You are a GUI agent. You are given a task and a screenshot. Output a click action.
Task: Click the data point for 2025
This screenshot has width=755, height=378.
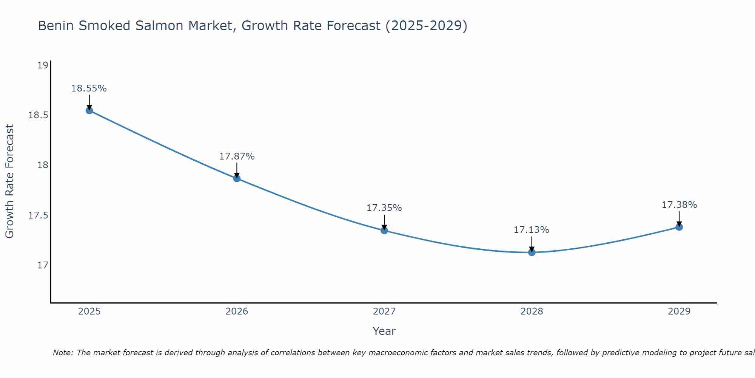point(89,110)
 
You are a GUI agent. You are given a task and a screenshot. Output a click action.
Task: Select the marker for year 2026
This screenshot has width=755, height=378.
point(237,178)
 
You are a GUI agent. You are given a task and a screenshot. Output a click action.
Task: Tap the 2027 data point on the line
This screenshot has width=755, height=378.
point(384,230)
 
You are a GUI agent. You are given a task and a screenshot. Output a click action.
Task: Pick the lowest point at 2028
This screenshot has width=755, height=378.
point(532,252)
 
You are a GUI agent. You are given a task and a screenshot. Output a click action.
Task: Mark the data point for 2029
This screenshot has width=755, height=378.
point(679,227)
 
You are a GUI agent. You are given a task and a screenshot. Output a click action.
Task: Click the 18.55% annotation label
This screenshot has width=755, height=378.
point(89,88)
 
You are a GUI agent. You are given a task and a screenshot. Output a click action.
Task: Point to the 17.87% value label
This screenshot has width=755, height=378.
point(237,156)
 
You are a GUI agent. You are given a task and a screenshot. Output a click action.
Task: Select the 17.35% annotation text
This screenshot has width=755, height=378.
point(384,208)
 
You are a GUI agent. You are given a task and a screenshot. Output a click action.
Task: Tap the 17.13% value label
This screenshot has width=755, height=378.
point(532,229)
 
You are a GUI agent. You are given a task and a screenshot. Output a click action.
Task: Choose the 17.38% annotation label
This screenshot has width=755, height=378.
point(679,205)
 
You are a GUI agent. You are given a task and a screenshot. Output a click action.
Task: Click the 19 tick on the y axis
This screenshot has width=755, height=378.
point(43,65)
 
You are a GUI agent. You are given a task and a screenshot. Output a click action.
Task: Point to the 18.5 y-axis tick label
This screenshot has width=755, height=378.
point(39,115)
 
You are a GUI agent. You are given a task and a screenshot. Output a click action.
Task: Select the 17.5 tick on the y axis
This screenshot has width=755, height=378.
point(39,215)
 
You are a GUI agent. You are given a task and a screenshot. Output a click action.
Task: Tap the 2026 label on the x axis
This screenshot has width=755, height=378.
point(237,311)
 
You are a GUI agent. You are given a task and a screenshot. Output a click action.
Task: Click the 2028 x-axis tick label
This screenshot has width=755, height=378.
point(532,311)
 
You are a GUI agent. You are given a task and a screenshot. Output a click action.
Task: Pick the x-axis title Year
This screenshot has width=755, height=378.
point(384,331)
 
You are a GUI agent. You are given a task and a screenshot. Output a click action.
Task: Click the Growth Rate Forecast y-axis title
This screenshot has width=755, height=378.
point(9,181)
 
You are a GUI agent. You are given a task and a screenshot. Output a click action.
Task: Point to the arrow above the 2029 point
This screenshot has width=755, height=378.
point(679,218)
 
